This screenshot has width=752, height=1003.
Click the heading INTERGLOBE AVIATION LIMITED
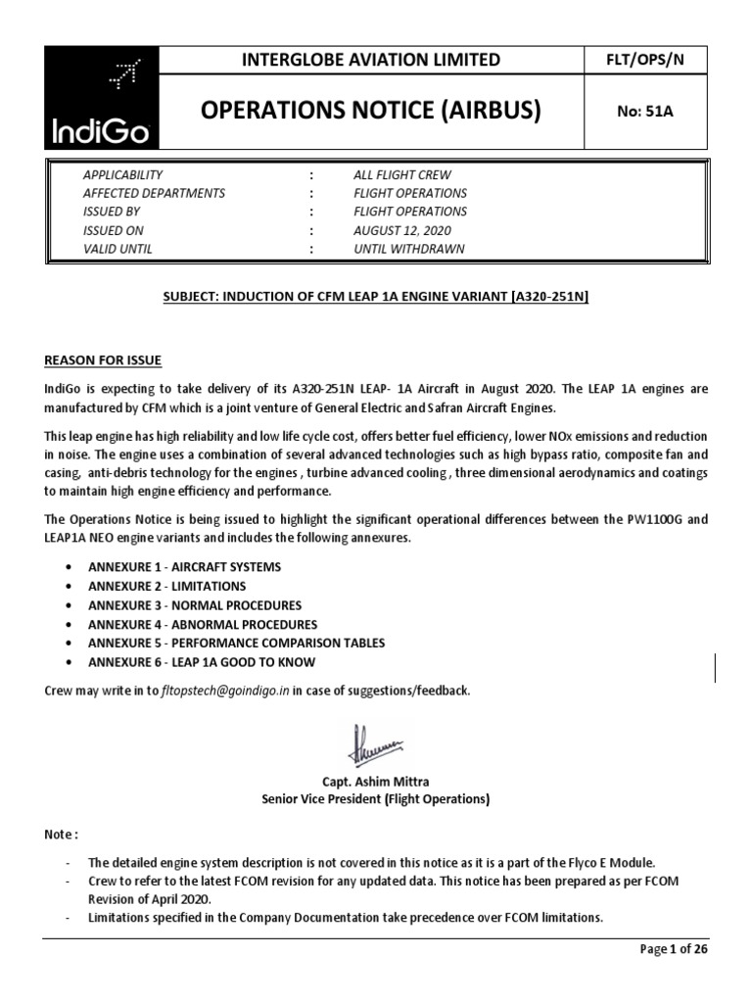coord(370,60)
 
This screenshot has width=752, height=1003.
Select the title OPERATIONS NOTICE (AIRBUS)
coord(370,111)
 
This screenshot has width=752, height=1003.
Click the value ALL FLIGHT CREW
coord(403,174)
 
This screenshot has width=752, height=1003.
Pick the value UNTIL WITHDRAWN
coord(408,249)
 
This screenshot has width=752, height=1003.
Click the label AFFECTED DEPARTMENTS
coord(155,193)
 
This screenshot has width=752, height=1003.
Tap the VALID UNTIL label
coord(118,249)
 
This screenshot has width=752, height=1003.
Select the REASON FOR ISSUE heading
coord(103,360)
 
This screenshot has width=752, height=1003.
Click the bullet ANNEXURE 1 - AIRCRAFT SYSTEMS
coord(184,567)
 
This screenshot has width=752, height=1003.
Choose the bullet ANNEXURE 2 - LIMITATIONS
coord(166,586)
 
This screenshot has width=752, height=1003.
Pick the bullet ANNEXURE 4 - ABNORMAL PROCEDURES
coord(203,624)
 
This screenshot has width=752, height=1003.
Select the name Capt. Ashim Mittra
coord(375,781)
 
